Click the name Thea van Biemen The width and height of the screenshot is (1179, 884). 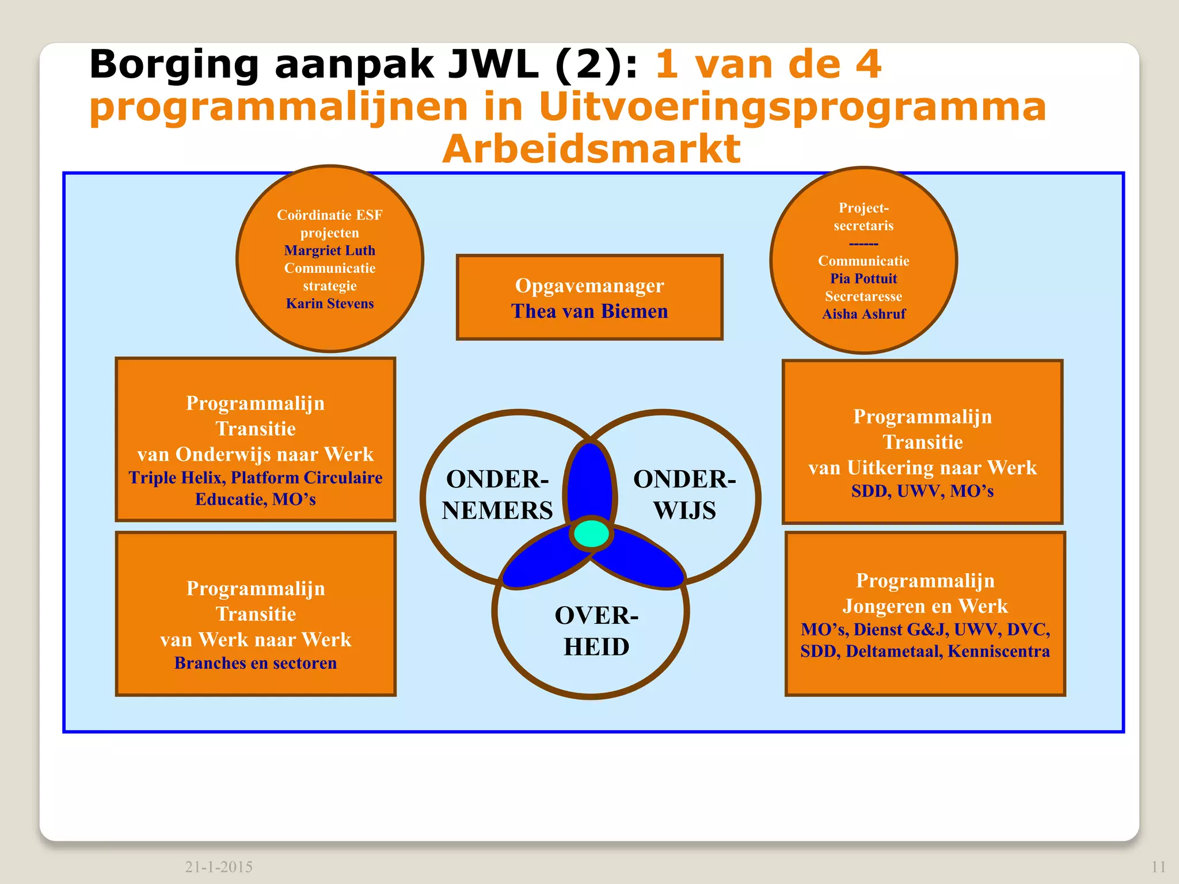click(589, 311)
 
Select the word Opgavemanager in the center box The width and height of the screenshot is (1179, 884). click(589, 285)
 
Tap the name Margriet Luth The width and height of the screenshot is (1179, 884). click(329, 250)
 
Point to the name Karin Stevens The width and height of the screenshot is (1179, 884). click(330, 303)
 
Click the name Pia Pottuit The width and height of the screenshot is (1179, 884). click(864, 279)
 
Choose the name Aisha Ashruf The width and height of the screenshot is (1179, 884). click(864, 314)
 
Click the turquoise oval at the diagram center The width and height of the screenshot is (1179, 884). click(591, 534)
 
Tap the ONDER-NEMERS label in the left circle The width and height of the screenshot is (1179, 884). click(497, 495)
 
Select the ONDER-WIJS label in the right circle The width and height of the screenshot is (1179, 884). click(684, 495)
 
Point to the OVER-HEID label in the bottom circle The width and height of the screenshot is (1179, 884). click(596, 631)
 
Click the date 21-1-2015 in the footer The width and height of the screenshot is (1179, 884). click(219, 867)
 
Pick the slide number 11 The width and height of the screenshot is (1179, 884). click(1159, 867)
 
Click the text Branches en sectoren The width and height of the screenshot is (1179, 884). click(256, 663)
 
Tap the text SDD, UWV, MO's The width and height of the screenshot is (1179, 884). click(922, 491)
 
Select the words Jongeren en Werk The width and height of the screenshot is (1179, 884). click(925, 606)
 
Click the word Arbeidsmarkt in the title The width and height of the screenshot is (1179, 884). click(591, 149)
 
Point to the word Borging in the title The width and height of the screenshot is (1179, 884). click(174, 64)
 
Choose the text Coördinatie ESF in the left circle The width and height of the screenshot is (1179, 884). click(329, 215)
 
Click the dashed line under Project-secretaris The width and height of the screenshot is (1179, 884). click(864, 243)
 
